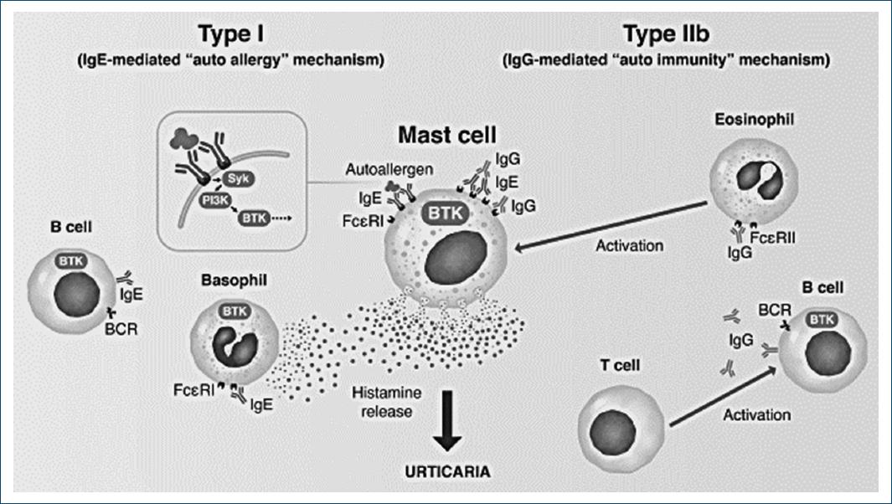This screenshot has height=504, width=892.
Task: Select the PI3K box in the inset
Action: click(193, 202)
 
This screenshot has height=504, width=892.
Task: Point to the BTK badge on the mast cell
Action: click(445, 213)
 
